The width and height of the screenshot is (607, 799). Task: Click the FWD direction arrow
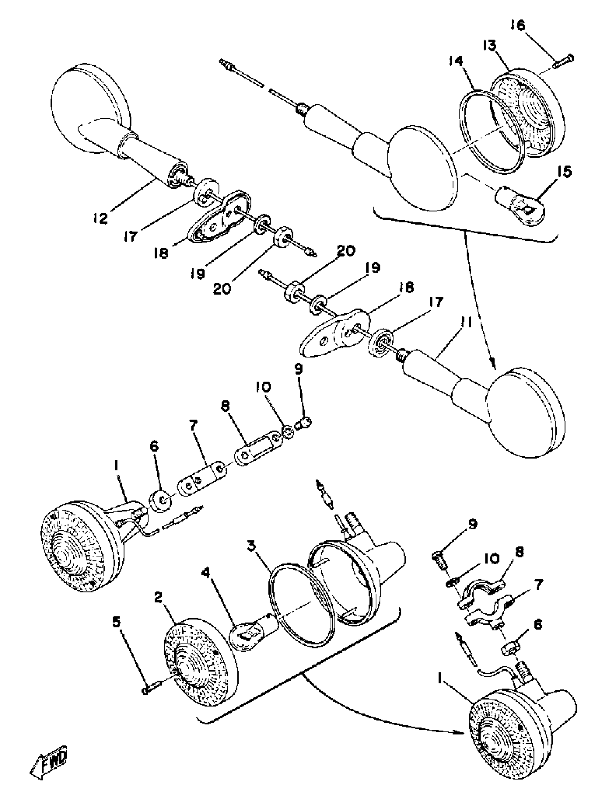(49, 765)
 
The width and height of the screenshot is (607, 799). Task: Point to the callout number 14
(456, 61)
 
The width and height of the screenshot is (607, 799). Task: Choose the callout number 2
(159, 598)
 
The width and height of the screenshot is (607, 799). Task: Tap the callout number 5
(116, 622)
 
